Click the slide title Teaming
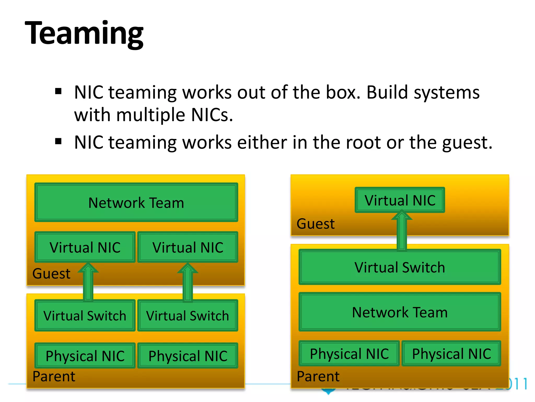(x=84, y=33)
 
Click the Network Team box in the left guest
(x=136, y=202)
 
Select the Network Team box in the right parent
(x=400, y=312)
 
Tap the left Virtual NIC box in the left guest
(x=85, y=247)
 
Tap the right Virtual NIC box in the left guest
(x=188, y=247)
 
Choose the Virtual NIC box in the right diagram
(x=400, y=200)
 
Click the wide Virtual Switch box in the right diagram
(x=400, y=267)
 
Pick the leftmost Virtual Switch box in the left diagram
(x=85, y=315)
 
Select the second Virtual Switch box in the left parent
(x=188, y=315)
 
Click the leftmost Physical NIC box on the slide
(x=85, y=356)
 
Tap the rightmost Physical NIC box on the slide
(x=451, y=354)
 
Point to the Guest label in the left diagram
(x=51, y=274)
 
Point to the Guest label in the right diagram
(x=316, y=224)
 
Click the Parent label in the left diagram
(x=54, y=376)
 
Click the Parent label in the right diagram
(x=318, y=376)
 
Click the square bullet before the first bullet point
(x=58, y=91)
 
